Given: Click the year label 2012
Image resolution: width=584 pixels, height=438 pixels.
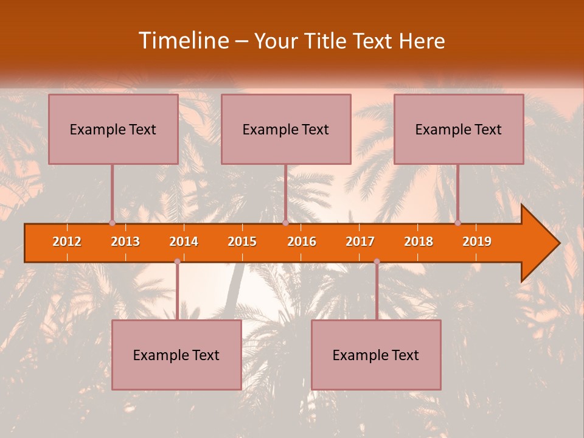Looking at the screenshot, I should pyautogui.click(x=67, y=242).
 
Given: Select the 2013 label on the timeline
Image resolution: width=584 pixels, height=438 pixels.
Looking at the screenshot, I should pyautogui.click(x=125, y=242).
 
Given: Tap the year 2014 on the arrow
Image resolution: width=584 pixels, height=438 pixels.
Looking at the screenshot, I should pyautogui.click(x=184, y=242).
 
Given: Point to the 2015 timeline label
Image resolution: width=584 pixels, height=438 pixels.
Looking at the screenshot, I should pyautogui.click(x=242, y=242).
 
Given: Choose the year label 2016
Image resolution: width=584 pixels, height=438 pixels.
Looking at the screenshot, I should pyautogui.click(x=302, y=242).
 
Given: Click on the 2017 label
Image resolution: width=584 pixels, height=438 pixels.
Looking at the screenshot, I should pyautogui.click(x=360, y=242).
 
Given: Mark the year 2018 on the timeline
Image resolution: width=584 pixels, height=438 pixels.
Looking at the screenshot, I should pyautogui.click(x=419, y=242).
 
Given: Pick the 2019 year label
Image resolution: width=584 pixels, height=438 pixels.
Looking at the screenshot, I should pyautogui.click(x=477, y=242).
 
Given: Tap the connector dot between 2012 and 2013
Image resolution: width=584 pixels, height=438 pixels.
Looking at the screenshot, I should pyautogui.click(x=112, y=223).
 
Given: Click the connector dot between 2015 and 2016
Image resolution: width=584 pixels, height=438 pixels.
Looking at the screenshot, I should pyautogui.click(x=285, y=223).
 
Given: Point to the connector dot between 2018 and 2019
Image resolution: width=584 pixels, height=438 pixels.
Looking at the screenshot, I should pyautogui.click(x=458, y=223).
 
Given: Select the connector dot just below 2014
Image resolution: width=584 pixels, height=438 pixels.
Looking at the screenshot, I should pyautogui.click(x=177, y=262).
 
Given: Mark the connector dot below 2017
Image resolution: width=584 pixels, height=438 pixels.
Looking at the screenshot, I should pyautogui.click(x=377, y=262).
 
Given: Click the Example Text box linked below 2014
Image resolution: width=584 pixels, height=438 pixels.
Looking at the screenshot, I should pyautogui.click(x=176, y=355).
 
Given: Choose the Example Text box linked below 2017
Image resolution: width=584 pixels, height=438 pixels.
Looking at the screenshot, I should pyautogui.click(x=376, y=355).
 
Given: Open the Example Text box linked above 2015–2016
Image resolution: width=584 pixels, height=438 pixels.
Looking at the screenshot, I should pyautogui.click(x=286, y=129).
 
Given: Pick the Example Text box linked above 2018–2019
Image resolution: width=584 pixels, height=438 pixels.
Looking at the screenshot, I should pyautogui.click(x=459, y=129).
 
